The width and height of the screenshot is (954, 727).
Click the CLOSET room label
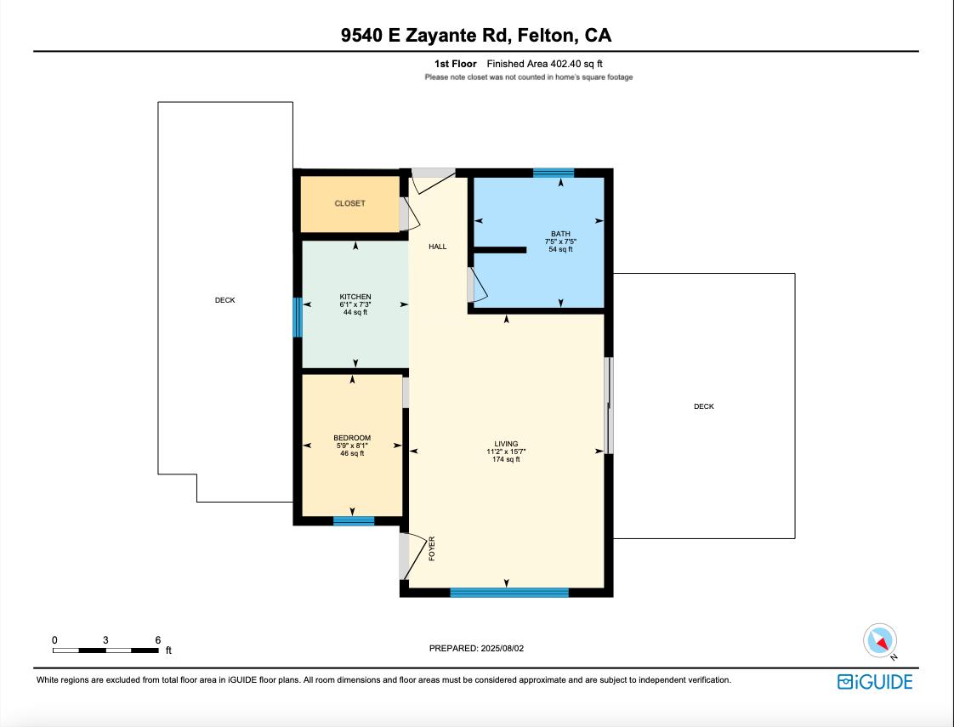pos(349,203)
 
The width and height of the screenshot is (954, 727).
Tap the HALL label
pos(437,247)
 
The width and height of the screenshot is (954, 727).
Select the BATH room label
pos(560,234)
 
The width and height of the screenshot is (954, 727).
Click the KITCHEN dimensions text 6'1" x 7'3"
pos(355,304)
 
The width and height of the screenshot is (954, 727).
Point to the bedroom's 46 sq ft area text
pos(352,453)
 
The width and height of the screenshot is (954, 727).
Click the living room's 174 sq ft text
pos(506,459)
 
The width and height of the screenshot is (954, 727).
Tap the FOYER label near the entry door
pos(432,548)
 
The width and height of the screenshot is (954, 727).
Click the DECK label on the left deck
pos(224,300)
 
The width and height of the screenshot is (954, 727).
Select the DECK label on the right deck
pos(703,406)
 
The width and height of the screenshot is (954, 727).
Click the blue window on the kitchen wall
pos(298,317)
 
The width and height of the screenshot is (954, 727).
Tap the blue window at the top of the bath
pos(554,173)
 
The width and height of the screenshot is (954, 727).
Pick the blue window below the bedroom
pos(354,520)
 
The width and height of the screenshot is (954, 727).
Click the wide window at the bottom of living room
pos(508,593)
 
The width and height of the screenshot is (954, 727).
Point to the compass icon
pos(880,641)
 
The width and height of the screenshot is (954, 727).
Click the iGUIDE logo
pos(875,682)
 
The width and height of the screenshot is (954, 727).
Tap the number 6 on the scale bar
pos(158,639)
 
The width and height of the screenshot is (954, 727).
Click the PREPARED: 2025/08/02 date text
pos(476,648)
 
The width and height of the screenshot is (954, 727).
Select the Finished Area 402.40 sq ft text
pos(544,64)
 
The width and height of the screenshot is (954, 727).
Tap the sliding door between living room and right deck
pos(609,406)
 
